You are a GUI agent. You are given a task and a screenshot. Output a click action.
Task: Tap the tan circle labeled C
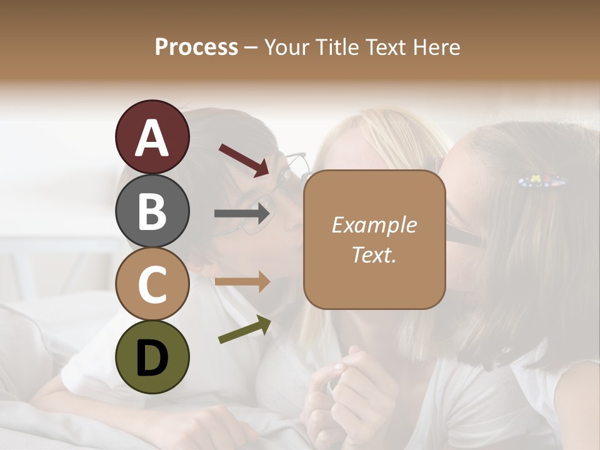pyautogui.click(x=152, y=284)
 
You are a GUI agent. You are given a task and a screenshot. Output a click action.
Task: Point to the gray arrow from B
pyautogui.click(x=242, y=213)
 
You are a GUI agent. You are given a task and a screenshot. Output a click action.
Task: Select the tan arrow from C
pyautogui.click(x=242, y=282)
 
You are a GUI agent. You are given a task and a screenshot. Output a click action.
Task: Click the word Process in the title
pyautogui.click(x=196, y=47)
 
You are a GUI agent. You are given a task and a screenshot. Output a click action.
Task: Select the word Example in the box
pyautogui.click(x=374, y=225)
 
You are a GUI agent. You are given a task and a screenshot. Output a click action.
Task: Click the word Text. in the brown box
pyautogui.click(x=374, y=254)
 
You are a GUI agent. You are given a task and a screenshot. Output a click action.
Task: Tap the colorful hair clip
pyautogui.click(x=542, y=182)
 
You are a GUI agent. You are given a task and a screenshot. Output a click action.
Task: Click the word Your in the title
pyautogui.click(x=288, y=47)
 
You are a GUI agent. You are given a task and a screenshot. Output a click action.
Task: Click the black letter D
pyautogui.click(x=152, y=357)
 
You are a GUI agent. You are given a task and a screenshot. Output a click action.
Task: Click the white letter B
pyautogui.click(x=152, y=211)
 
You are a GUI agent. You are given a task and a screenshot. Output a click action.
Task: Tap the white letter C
pyautogui.click(x=152, y=284)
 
